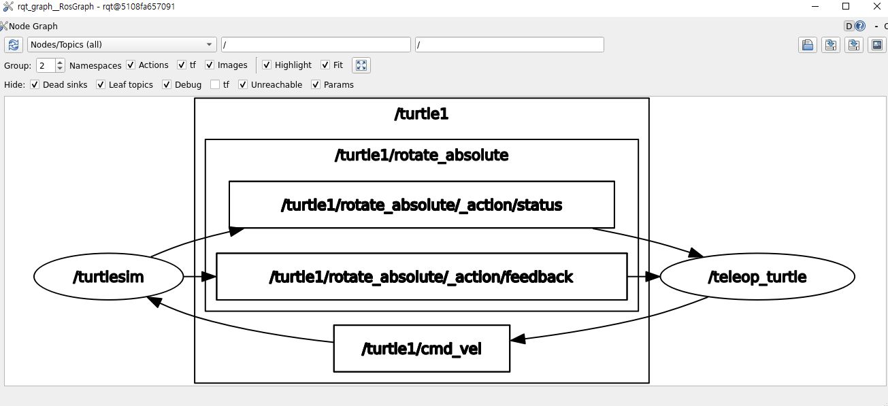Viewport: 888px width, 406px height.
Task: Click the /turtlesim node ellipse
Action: [x=108, y=277]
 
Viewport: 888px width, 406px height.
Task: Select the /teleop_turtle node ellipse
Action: [x=757, y=277]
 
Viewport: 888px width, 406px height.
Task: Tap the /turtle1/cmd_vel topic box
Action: [x=421, y=349]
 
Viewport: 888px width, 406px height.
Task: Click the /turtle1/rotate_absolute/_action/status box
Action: [x=421, y=205]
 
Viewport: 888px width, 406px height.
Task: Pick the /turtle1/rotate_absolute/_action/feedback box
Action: [x=421, y=277]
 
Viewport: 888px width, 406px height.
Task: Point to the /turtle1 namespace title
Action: [x=421, y=114]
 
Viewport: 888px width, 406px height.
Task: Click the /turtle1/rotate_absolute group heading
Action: [x=421, y=155]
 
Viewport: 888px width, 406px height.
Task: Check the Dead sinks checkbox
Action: [x=35, y=85]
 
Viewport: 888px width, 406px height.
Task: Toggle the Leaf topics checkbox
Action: [x=101, y=85]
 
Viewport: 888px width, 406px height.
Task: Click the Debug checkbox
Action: [x=167, y=85]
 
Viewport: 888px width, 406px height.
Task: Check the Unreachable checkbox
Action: [x=243, y=85]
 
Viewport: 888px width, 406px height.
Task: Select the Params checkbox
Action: [x=316, y=85]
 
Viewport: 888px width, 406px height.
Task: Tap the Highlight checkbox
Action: [x=267, y=65]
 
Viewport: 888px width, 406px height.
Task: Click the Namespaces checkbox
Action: [x=131, y=65]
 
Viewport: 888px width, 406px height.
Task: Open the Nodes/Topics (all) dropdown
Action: [x=122, y=45]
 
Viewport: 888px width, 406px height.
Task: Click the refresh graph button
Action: [x=14, y=45]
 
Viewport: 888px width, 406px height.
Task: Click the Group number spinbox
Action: [x=46, y=65]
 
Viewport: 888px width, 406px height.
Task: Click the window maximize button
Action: [x=846, y=6]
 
